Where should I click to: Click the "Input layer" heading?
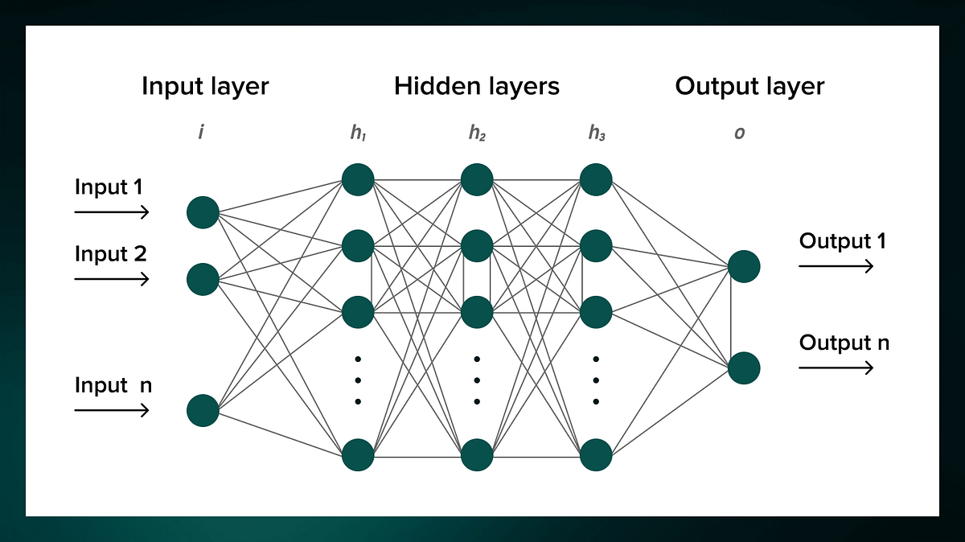(205, 86)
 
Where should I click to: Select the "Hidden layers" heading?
(476, 86)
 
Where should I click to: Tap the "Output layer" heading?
(749, 86)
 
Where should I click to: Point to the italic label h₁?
(358, 133)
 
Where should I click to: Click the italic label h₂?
(477, 133)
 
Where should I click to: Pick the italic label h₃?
(596, 133)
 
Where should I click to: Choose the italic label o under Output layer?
(739, 133)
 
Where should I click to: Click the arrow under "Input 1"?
(112, 212)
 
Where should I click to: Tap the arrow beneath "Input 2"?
(112, 279)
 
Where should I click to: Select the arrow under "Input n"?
(112, 410)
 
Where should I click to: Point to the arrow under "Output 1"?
(836, 266)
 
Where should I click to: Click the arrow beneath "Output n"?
(836, 367)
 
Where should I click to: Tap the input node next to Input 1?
(203, 212)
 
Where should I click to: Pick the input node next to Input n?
(203, 410)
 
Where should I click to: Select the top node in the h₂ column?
(477, 179)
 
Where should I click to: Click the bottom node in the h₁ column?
(358, 455)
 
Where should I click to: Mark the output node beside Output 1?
(744, 266)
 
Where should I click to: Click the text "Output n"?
(844, 343)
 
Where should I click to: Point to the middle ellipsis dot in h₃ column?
(596, 380)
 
